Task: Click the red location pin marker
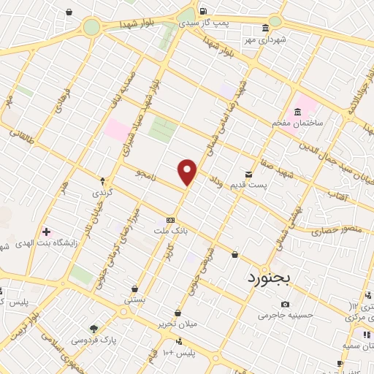click(188, 171)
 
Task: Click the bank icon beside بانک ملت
click(170, 220)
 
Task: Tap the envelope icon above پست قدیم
click(248, 174)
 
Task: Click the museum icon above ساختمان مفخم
click(297, 112)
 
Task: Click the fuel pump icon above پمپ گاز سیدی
click(202, 11)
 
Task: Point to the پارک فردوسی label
click(93, 340)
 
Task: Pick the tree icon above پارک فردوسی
click(93, 329)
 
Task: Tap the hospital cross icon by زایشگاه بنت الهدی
click(46, 232)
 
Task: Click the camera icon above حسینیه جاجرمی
click(285, 304)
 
